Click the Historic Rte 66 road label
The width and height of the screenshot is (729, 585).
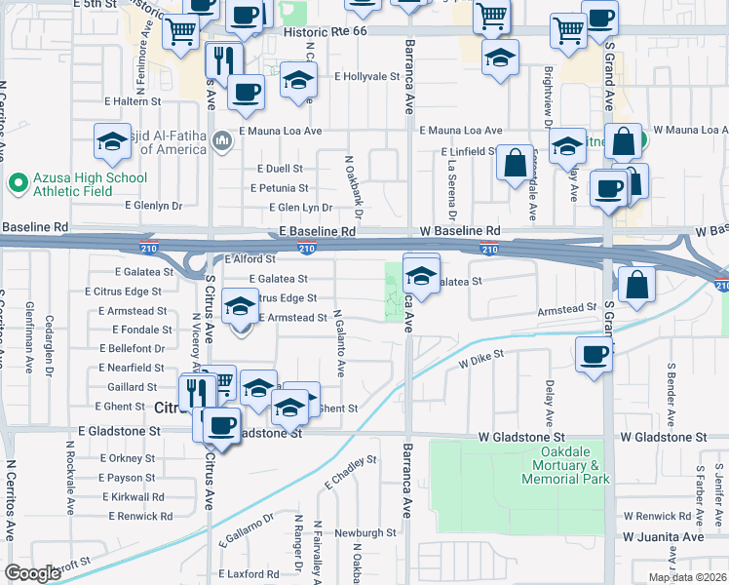pos(310,31)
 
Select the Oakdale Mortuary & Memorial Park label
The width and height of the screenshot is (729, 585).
pos(565,466)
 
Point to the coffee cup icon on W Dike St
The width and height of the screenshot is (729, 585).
pos(593,355)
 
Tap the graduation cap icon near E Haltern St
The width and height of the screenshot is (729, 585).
pos(112,142)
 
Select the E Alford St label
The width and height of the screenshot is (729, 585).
pos(250,259)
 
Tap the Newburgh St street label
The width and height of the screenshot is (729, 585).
pos(362,533)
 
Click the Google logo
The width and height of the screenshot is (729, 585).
pos(32,573)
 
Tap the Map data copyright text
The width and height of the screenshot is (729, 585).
pos(686,577)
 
